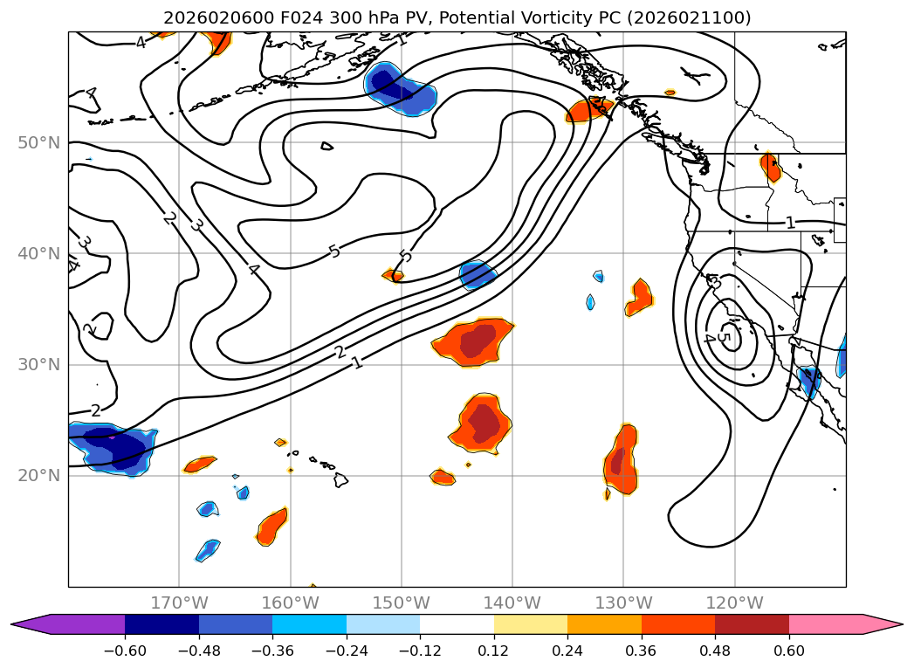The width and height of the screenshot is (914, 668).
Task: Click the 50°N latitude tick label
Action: click(38, 142)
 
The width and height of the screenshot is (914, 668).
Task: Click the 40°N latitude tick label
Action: click(38, 254)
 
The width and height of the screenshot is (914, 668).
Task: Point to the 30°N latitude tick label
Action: click(38, 365)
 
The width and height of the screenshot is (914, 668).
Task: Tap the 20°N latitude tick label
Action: click(38, 476)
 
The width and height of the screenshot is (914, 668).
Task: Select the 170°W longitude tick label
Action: click(179, 603)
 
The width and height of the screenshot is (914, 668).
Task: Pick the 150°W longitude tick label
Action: click(402, 603)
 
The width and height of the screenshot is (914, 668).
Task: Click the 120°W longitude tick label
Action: click(734, 603)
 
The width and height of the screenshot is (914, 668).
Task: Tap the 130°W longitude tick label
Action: click(623, 603)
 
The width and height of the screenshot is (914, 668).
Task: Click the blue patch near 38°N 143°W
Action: click(477, 275)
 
